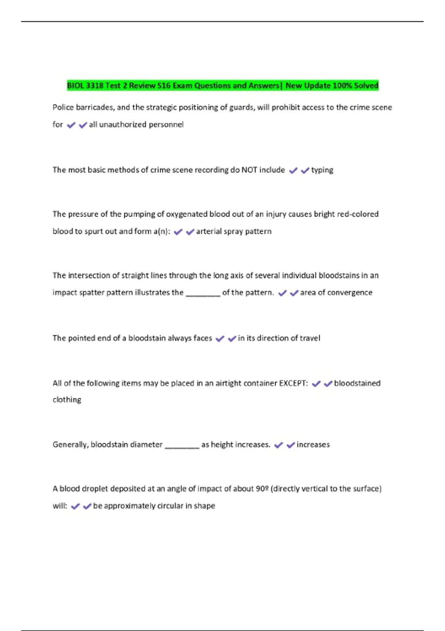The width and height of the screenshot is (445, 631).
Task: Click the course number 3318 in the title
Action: (x=94, y=86)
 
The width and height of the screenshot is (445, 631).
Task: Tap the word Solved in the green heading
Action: (x=366, y=86)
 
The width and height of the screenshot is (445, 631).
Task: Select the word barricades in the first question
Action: (x=95, y=107)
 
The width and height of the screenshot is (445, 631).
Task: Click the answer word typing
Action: (x=322, y=170)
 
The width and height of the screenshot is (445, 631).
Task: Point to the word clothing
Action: (x=67, y=400)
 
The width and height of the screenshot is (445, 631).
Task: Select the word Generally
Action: (x=70, y=445)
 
